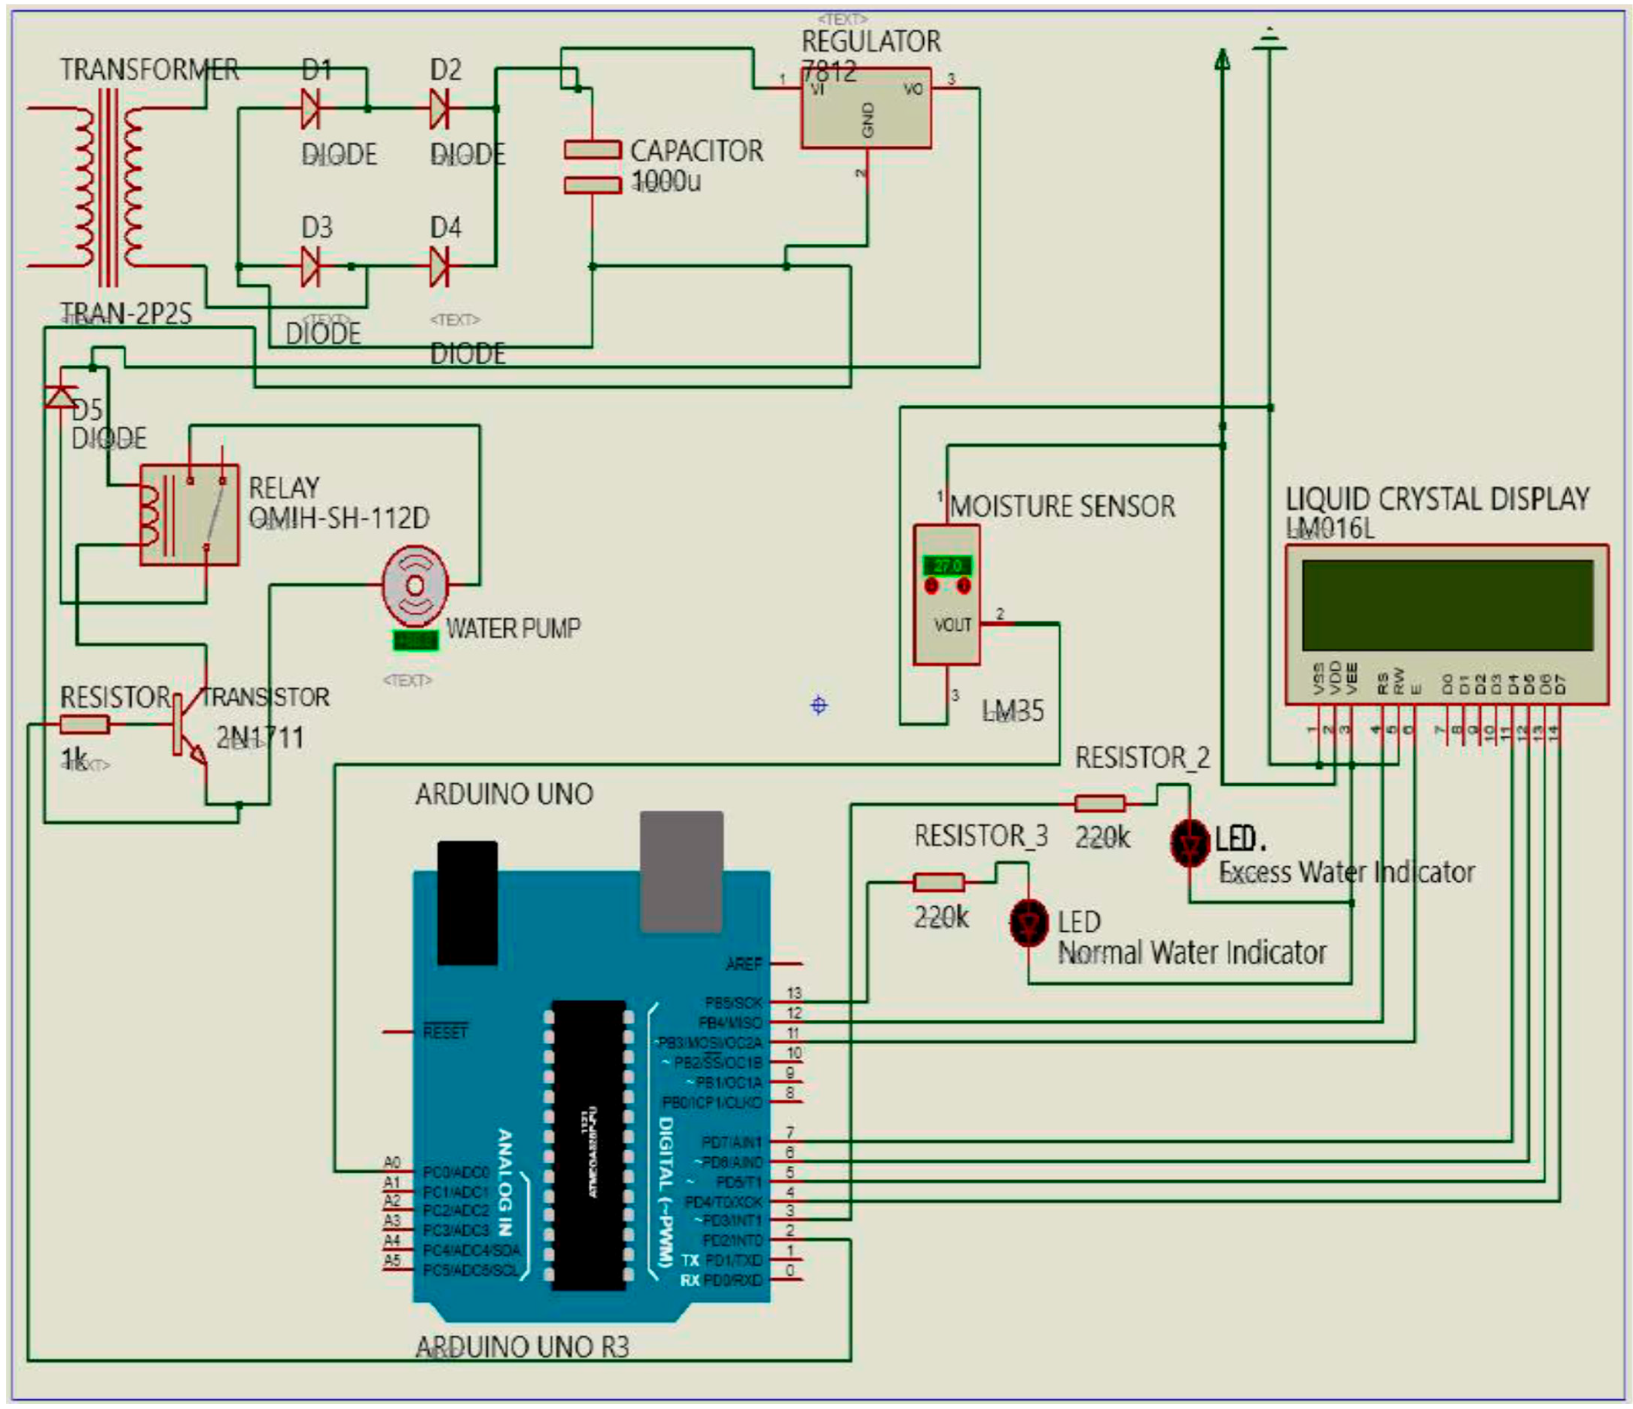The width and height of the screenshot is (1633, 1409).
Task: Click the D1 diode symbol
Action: tap(310, 109)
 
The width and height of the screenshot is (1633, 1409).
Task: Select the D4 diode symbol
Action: tap(439, 266)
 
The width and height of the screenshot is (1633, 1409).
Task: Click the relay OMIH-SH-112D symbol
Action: tap(189, 515)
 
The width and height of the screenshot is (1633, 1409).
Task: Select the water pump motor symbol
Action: tap(415, 585)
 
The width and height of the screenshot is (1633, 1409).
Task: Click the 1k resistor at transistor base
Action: tap(85, 724)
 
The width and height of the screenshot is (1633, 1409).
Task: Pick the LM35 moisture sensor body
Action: tap(946, 596)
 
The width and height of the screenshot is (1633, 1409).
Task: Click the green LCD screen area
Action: tap(1447, 604)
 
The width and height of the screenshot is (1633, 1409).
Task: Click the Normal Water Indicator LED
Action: tap(1029, 923)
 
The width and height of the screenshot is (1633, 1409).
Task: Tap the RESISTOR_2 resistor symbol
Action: tap(1100, 803)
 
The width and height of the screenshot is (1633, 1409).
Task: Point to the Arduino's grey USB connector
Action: tap(682, 871)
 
